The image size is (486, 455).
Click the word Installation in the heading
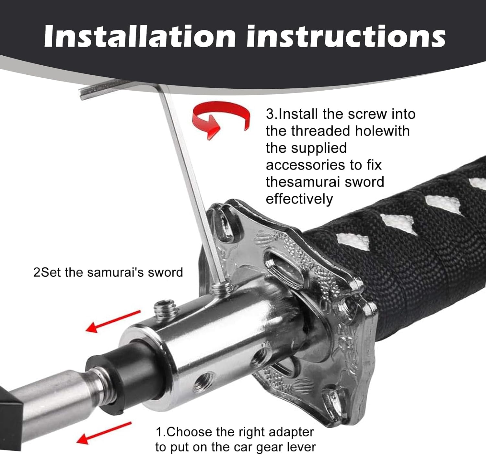click(x=140, y=36)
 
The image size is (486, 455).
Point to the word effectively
click(x=299, y=199)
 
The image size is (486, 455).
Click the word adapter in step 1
click(x=291, y=432)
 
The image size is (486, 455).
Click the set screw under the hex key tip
click(x=221, y=288)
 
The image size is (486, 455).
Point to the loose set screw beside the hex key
click(x=166, y=310)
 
